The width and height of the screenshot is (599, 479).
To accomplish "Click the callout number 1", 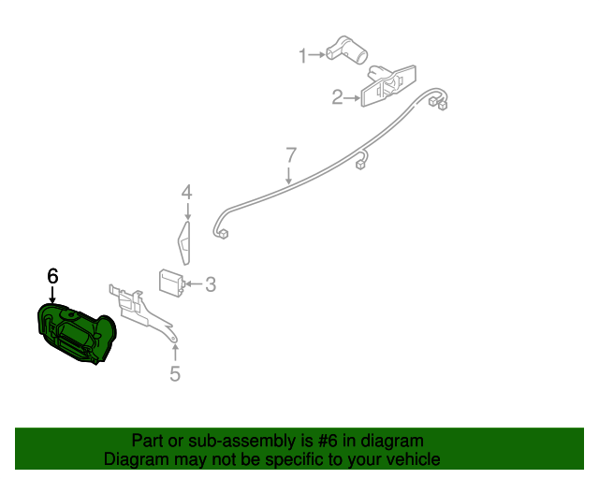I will pos(302,56).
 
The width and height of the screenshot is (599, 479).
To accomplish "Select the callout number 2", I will pos(337,96).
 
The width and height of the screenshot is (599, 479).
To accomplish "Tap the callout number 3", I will pos(211,283).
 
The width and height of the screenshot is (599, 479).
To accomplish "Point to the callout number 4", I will pos(186,193).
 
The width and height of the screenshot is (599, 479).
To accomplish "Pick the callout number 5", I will pos(175,375).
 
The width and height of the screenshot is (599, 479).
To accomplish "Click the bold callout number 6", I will pos(52,276).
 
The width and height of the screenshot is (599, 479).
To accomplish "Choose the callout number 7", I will pos(291,154).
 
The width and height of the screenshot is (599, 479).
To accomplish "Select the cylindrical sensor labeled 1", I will pos(346,50).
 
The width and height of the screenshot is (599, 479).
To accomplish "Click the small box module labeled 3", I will pos(169,282).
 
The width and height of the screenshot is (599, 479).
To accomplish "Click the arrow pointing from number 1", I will pos(317,56).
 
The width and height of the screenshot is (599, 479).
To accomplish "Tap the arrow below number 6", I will pos(52,295).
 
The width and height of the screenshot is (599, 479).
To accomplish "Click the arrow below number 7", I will pos(289,174).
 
